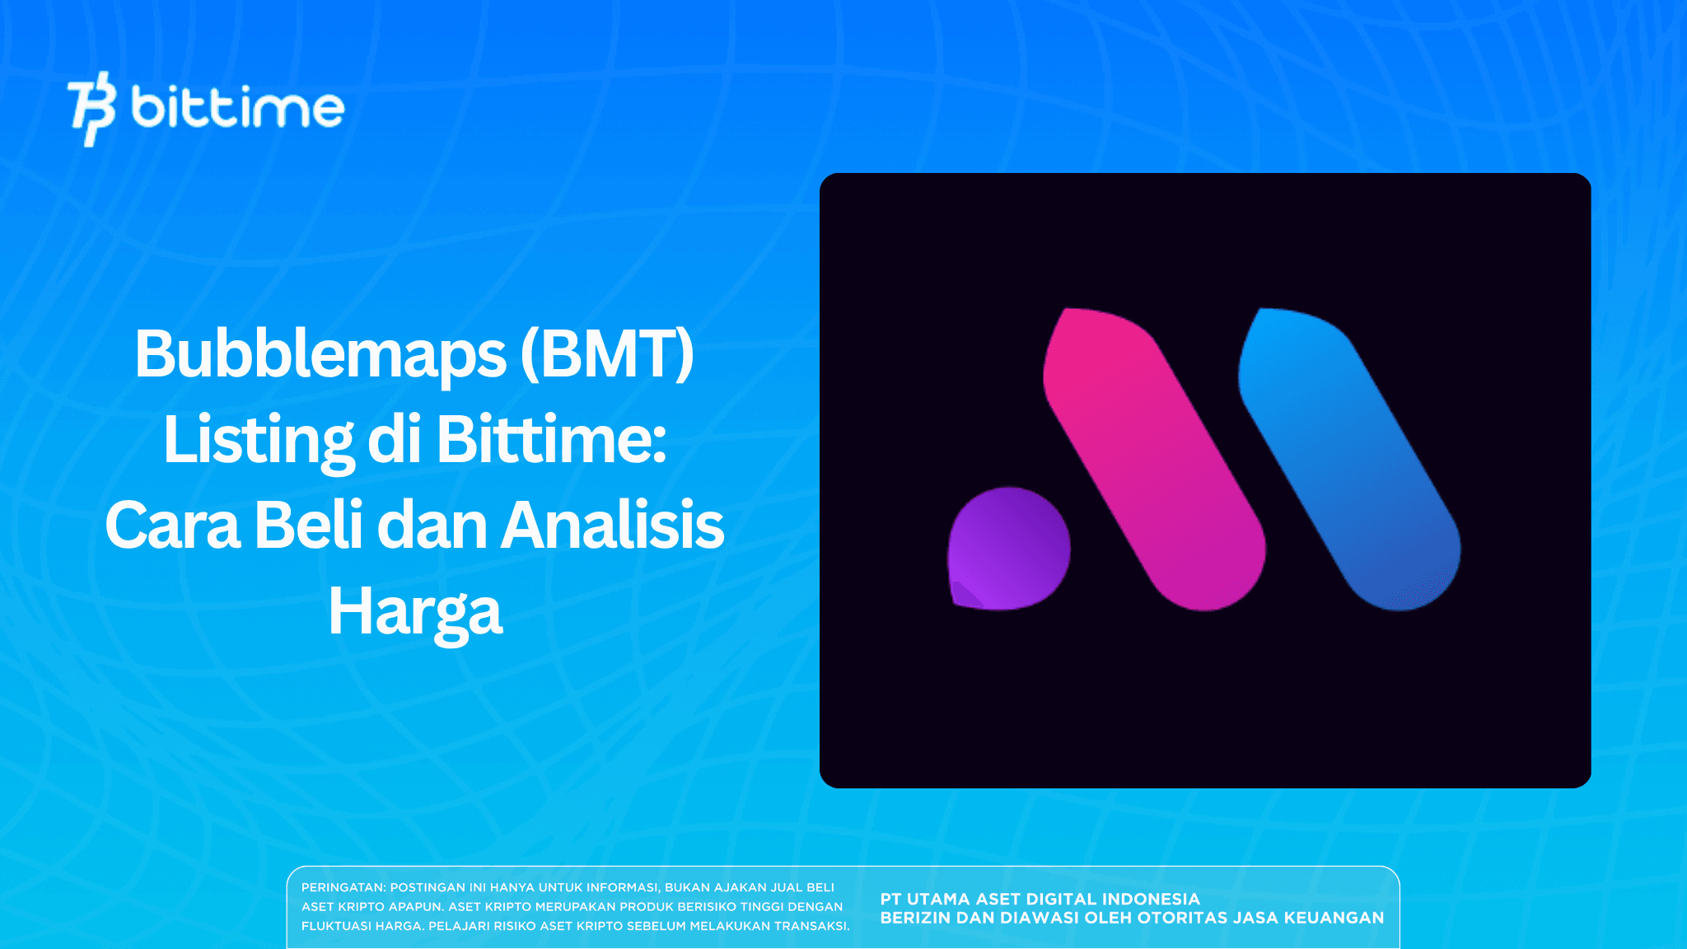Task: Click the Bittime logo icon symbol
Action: pyautogui.click(x=91, y=109)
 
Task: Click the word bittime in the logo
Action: pyautogui.click(x=237, y=109)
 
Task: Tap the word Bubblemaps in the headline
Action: pyautogui.click(x=320, y=354)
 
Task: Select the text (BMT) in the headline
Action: pyautogui.click(x=607, y=354)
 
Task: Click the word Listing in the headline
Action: pyautogui.click(x=258, y=441)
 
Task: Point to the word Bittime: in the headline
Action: pyautogui.click(x=551, y=441)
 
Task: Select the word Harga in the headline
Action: pyautogui.click(x=415, y=612)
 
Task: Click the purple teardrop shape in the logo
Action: pyautogui.click(x=1008, y=549)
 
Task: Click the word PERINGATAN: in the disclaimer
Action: pyautogui.click(x=343, y=887)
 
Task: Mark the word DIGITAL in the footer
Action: pyautogui.click(x=1062, y=899)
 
